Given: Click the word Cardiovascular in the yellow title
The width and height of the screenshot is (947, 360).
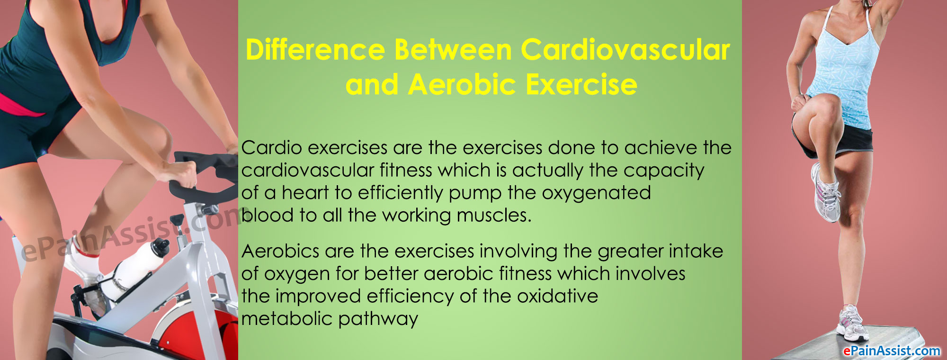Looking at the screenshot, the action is click(x=625, y=50).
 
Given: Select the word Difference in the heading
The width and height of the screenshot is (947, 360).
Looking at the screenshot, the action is click(x=315, y=50).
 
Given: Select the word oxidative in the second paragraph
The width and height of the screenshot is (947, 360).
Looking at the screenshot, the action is click(x=558, y=296).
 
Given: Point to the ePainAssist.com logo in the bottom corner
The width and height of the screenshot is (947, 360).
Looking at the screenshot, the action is click(x=892, y=351).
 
